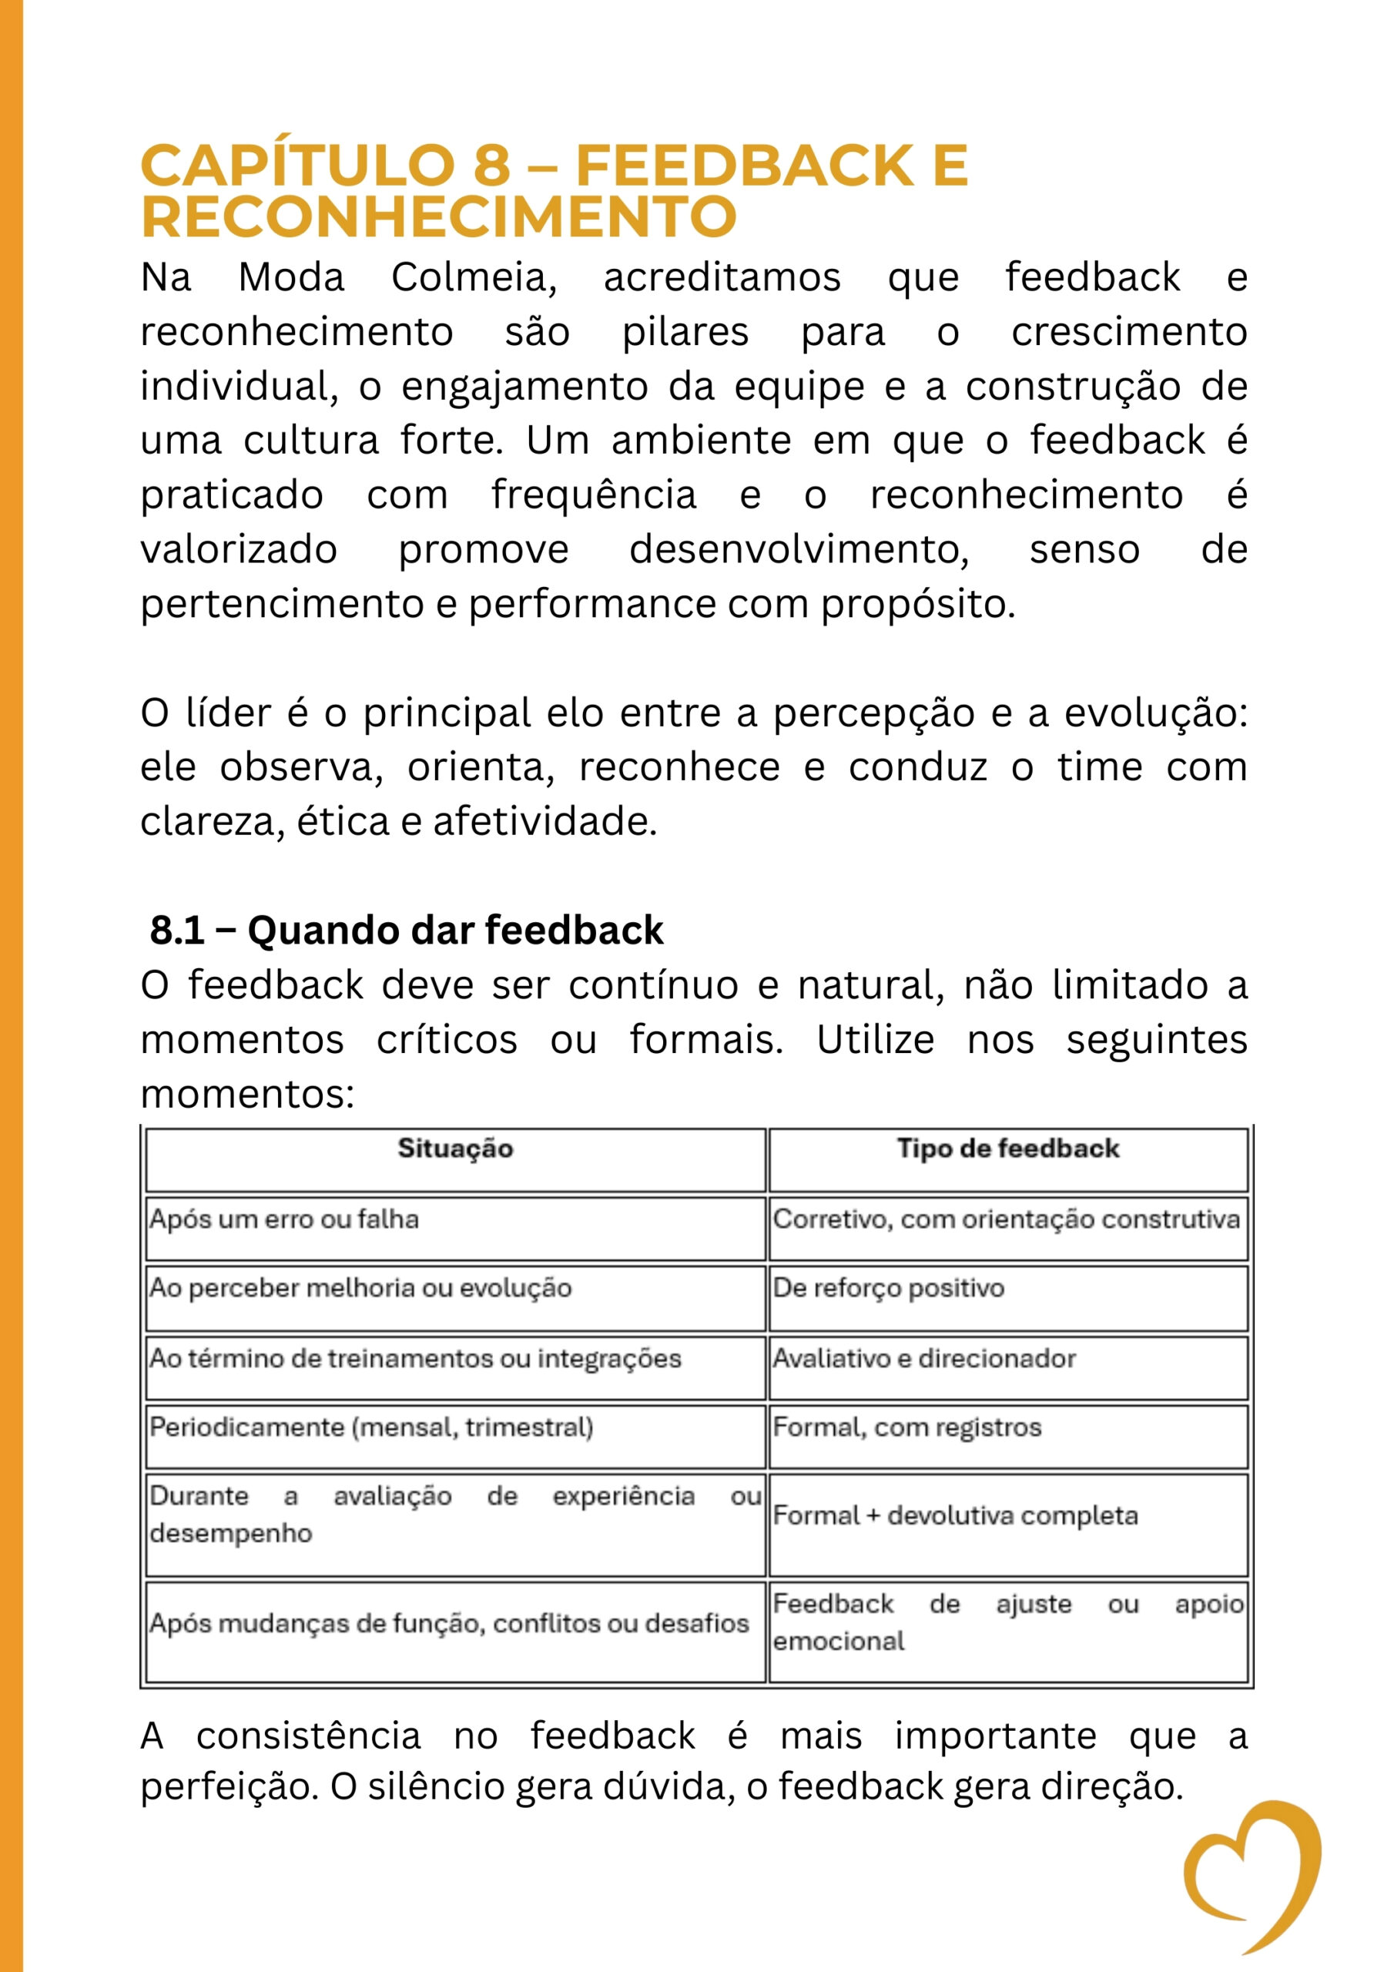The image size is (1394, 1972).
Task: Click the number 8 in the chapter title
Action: click(x=491, y=165)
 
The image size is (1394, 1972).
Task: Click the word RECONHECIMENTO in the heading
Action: click(x=438, y=216)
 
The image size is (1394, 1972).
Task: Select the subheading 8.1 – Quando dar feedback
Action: click(x=406, y=931)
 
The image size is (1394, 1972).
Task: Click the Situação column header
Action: click(x=455, y=1149)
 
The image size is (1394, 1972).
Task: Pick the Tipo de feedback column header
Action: click(x=1007, y=1149)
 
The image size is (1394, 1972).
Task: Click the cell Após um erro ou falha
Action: click(x=284, y=1219)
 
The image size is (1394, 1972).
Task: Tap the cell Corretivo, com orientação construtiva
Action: click(x=1006, y=1219)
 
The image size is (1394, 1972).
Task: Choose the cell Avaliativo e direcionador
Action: click(x=923, y=1359)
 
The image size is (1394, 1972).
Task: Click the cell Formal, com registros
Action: click(x=906, y=1427)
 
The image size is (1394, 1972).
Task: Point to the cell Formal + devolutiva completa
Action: click(x=955, y=1515)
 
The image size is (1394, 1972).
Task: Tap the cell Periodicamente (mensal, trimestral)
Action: click(x=371, y=1427)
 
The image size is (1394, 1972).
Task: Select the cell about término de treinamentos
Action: click(x=415, y=1359)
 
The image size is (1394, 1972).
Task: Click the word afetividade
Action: click(x=545, y=822)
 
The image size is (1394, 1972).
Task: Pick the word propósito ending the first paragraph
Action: click(x=917, y=605)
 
